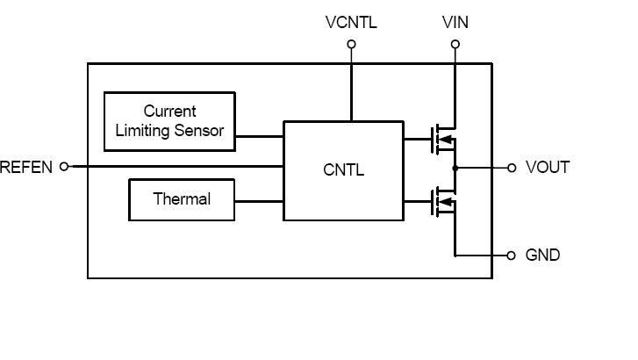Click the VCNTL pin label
pyautogui.click(x=351, y=22)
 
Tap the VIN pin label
pyautogui.click(x=455, y=22)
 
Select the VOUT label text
pyautogui.click(x=547, y=167)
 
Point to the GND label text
pyautogui.click(x=542, y=256)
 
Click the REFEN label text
pyautogui.click(x=26, y=167)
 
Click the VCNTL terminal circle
pyautogui.click(x=351, y=43)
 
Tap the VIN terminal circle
pyautogui.click(x=455, y=43)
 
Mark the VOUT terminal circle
pyautogui.click(x=512, y=168)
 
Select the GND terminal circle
pyautogui.click(x=512, y=256)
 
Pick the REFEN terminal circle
pyautogui.click(x=63, y=167)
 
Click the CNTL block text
pyautogui.click(x=343, y=170)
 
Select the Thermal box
pyautogui.click(x=182, y=199)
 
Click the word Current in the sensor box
pyautogui.click(x=169, y=112)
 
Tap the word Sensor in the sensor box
pyautogui.click(x=199, y=131)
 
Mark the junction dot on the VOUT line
pyautogui.click(x=455, y=168)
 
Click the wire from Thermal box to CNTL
pyautogui.click(x=259, y=201)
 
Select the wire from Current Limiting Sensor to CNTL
pyautogui.click(x=259, y=136)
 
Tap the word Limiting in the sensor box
pyautogui.click(x=144, y=131)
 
